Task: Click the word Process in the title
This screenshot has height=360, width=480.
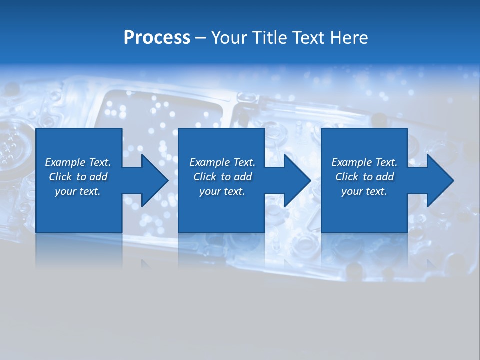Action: click(157, 38)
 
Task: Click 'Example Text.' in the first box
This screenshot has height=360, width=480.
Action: click(78, 162)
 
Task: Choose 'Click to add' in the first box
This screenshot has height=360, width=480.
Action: click(78, 177)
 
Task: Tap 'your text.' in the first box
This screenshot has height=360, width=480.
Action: click(78, 191)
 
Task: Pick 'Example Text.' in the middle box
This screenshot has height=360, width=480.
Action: click(222, 162)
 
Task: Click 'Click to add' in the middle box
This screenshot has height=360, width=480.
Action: click(222, 177)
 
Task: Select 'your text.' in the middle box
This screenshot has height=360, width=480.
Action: click(222, 191)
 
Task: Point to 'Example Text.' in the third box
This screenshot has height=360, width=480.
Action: click(364, 162)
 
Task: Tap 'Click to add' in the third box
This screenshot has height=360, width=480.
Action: click(364, 177)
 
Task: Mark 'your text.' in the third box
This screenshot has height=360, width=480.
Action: click(364, 191)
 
